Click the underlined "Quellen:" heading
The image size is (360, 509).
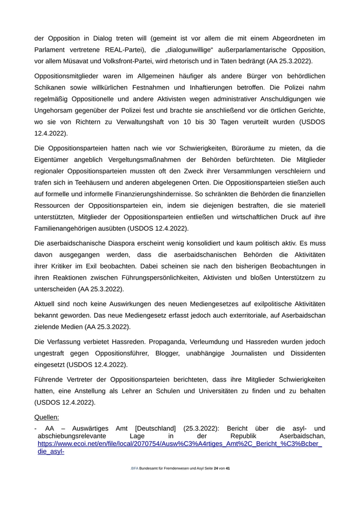[47, 417]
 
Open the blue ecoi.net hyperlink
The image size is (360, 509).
[179, 444]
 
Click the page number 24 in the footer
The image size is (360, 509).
[215, 483]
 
